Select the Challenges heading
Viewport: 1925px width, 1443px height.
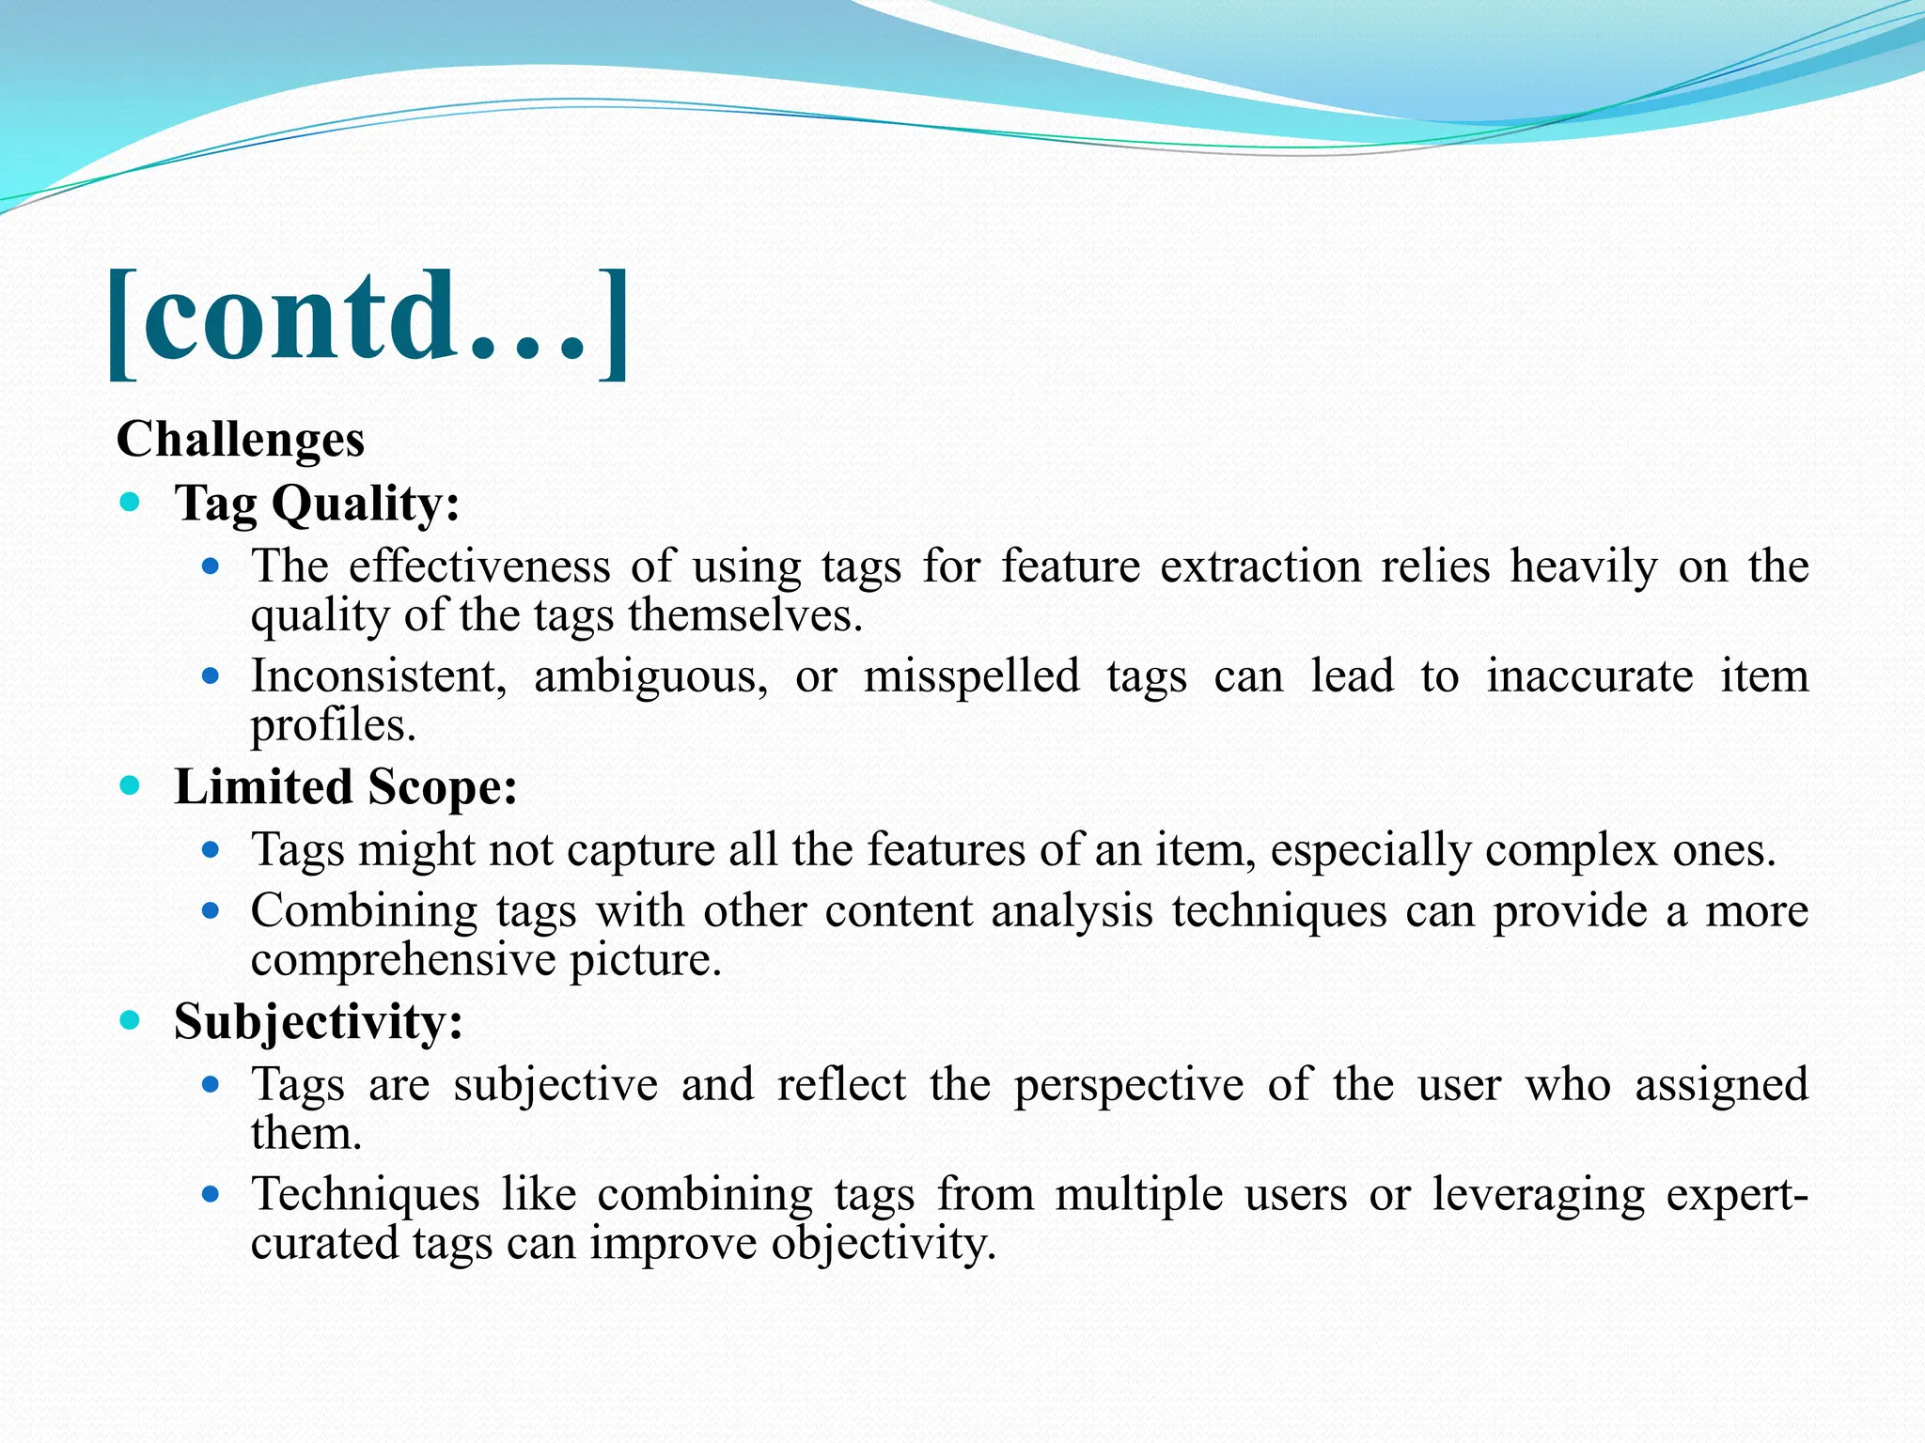coord(241,440)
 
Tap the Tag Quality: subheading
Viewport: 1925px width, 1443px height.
coord(318,504)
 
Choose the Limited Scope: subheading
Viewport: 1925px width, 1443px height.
coord(346,787)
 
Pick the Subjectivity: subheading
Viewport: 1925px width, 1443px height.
coord(319,1021)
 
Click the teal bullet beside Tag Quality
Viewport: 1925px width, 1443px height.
coord(131,503)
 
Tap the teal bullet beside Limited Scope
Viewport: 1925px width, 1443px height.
coord(131,785)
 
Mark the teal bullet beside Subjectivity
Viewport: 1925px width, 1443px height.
coord(131,1020)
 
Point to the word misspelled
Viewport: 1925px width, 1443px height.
coord(971,676)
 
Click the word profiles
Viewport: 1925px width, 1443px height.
coord(333,725)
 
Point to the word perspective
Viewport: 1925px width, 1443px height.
coord(1128,1085)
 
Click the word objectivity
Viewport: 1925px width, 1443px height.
coord(883,1244)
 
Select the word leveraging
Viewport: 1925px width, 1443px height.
coord(1538,1195)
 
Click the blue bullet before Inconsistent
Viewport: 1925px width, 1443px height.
coord(211,676)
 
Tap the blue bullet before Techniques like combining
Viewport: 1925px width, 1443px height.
coord(211,1195)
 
